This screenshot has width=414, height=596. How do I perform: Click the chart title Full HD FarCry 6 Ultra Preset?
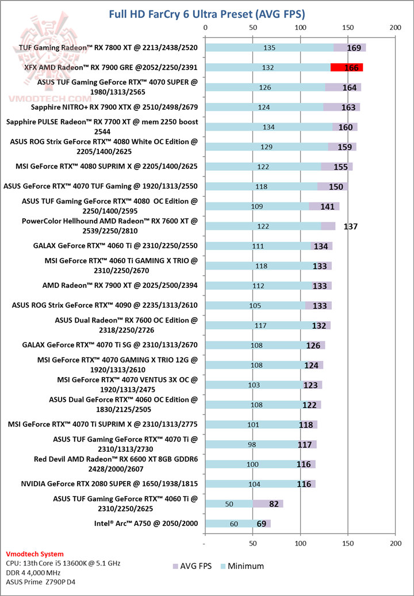click(x=207, y=13)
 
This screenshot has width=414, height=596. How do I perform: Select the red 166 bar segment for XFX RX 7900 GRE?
click(x=346, y=67)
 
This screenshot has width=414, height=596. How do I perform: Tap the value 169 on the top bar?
click(x=354, y=48)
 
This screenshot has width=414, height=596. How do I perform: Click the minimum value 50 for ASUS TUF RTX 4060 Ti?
click(x=229, y=504)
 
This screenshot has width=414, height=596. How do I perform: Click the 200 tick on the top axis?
click(x=395, y=27)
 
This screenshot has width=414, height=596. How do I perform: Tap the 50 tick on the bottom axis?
click(x=253, y=543)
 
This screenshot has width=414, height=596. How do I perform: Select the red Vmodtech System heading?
click(x=34, y=554)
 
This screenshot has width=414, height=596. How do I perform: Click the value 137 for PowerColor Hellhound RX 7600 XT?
click(x=350, y=226)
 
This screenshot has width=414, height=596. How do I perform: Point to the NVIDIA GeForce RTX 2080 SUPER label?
click(x=109, y=484)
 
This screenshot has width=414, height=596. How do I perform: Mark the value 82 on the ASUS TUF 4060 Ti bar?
click(x=274, y=504)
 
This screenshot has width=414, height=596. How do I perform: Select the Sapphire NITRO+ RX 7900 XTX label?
click(x=114, y=107)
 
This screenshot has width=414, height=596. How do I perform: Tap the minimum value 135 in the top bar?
click(x=269, y=48)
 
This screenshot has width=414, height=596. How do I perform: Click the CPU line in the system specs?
click(x=63, y=563)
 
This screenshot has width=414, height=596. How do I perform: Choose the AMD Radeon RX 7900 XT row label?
click(x=120, y=286)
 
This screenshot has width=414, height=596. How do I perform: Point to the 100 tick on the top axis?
click(x=300, y=27)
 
